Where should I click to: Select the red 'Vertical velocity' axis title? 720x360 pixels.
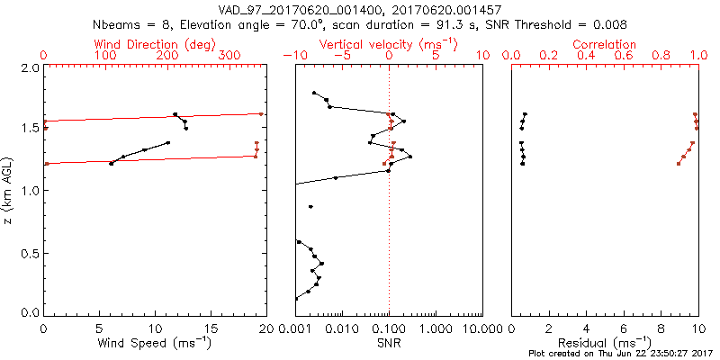(390, 44)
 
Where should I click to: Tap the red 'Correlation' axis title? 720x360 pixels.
(605, 44)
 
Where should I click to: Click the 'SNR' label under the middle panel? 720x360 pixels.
(389, 343)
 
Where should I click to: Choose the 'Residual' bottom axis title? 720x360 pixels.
(605, 343)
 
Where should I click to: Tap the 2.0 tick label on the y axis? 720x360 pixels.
(30, 68)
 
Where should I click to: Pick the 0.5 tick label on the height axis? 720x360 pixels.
(30, 253)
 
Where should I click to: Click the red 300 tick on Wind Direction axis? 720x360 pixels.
(230, 56)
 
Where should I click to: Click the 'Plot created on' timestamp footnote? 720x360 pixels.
(621, 354)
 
